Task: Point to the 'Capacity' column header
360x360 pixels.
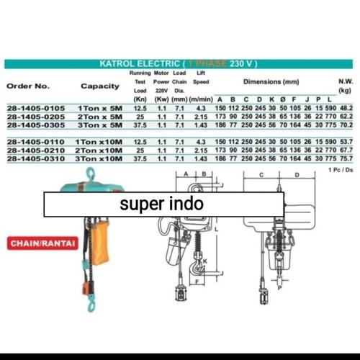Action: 100,86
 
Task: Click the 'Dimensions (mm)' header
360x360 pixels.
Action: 271,82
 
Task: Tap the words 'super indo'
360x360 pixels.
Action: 161,204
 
